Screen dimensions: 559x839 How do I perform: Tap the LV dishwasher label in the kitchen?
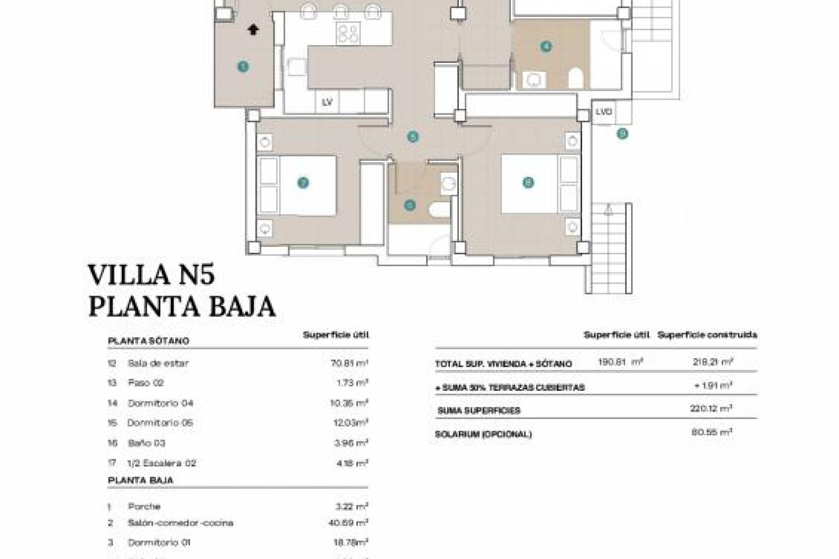[327, 102]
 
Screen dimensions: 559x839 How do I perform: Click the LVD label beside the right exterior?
[603, 112]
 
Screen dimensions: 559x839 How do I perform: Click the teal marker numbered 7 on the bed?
[303, 183]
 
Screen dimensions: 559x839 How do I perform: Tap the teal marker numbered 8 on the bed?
[528, 183]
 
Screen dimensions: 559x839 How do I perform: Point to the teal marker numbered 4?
[545, 46]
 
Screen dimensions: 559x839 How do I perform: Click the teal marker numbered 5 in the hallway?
[413, 137]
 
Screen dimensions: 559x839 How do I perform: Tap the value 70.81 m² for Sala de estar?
[348, 362]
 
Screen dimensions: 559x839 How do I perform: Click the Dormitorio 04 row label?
[160, 403]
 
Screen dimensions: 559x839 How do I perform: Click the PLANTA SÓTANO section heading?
[148, 341]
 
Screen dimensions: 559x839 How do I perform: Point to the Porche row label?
[144, 507]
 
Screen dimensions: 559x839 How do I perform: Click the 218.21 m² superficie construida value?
[712, 362]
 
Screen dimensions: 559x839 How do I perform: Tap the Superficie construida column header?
[707, 335]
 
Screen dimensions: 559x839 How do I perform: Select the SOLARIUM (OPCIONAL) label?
[483, 435]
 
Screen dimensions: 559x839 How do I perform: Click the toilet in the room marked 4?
[576, 80]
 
